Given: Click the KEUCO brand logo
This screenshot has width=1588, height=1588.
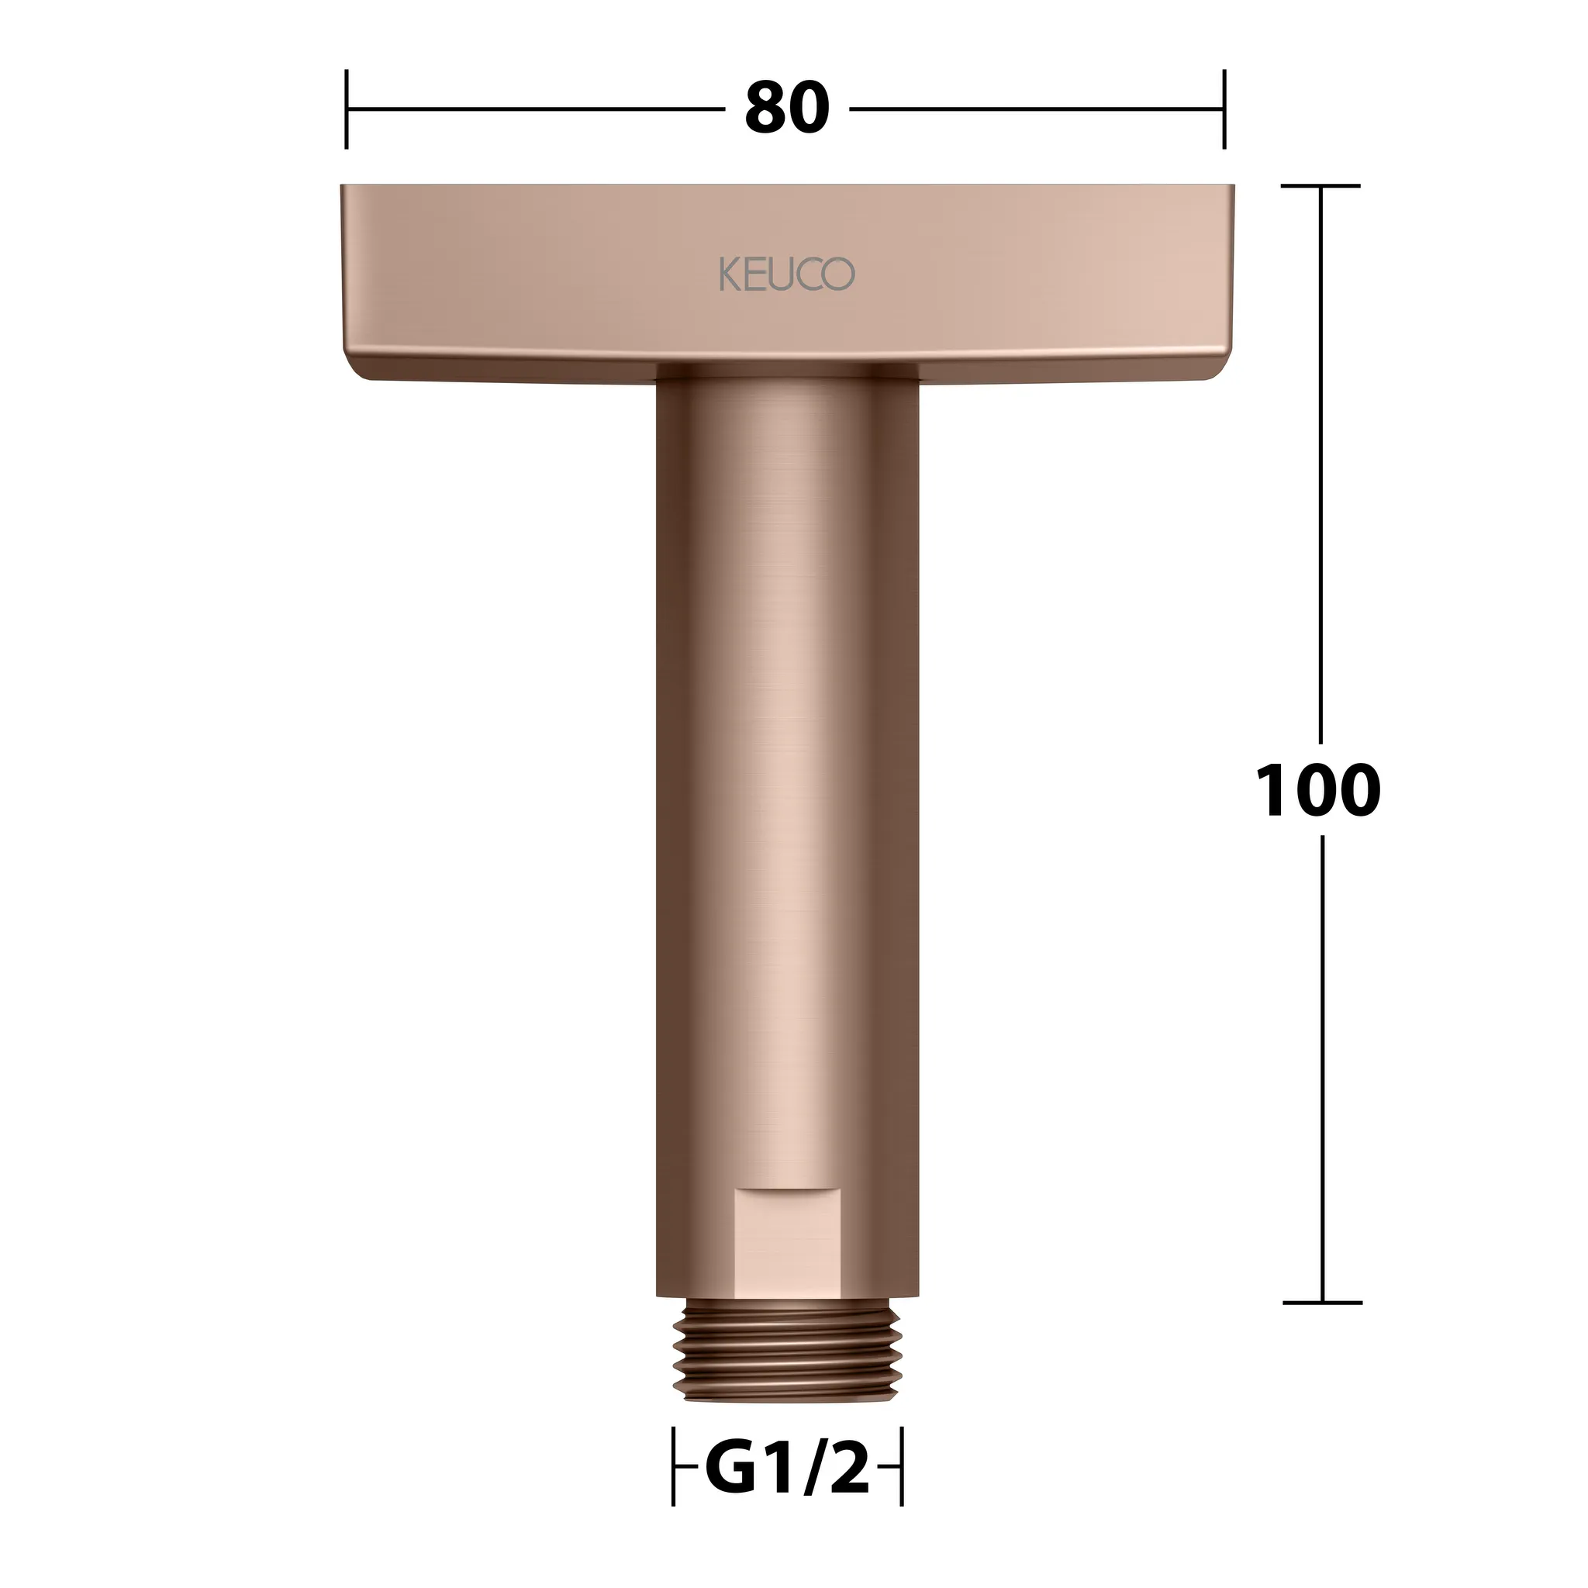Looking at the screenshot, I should [x=786, y=274].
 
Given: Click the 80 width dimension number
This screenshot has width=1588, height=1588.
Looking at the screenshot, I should [x=786, y=109].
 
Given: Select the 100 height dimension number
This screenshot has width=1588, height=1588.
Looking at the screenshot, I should [x=1318, y=790].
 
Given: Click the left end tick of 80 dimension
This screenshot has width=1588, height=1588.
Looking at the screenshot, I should [x=347, y=109].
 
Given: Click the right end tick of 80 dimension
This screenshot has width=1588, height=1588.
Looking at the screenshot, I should [x=1224, y=109].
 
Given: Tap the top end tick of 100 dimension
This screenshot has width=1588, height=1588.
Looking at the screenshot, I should [x=1320, y=187].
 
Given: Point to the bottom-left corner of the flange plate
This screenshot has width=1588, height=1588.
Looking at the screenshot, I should [x=361, y=376].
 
